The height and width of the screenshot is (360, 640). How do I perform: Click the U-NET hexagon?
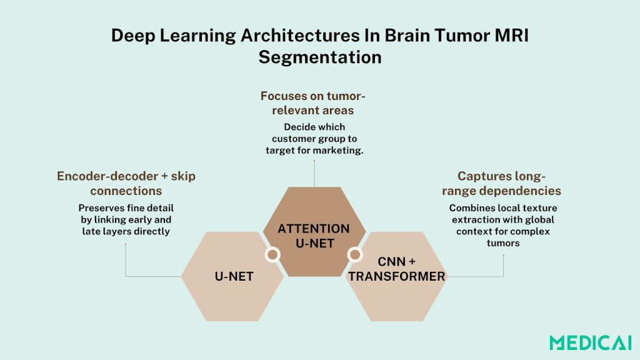[233, 276]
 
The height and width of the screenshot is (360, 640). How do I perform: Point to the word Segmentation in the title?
[320, 57]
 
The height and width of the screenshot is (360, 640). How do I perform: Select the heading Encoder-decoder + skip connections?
[126, 183]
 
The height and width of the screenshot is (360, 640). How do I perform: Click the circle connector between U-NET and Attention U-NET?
[272, 254]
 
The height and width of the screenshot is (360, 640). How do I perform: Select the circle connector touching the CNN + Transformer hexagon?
[354, 254]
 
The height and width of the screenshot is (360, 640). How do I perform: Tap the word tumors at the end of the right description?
[503, 242]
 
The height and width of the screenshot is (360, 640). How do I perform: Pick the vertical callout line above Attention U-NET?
[314, 172]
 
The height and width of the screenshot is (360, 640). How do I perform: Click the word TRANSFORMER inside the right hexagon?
[397, 276]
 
